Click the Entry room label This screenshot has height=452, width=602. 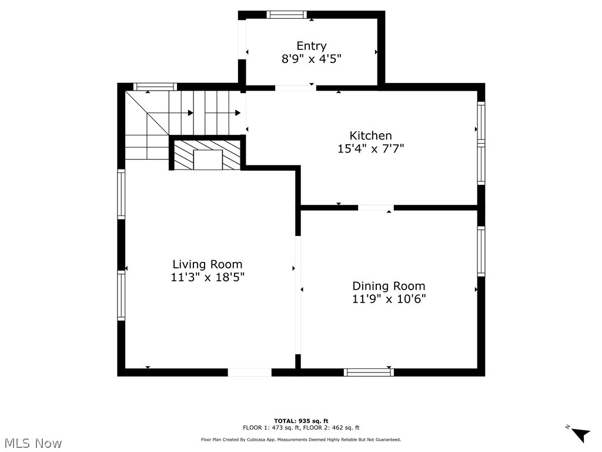pyautogui.click(x=311, y=46)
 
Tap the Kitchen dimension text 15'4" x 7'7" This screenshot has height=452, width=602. pyautogui.click(x=370, y=149)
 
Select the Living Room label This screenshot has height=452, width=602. pyautogui.click(x=207, y=264)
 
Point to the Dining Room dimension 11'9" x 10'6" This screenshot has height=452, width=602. pyautogui.click(x=389, y=298)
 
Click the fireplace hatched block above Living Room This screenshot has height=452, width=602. pyautogui.click(x=207, y=155)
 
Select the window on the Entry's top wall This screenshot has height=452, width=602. pyautogui.click(x=286, y=15)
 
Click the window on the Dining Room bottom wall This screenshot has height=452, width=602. pyautogui.click(x=369, y=372)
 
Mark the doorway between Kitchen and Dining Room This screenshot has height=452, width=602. pyautogui.click(x=376, y=208)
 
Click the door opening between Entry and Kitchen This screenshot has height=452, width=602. pyautogui.click(x=295, y=88)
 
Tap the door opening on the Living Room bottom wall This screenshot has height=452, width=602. pyautogui.click(x=249, y=372)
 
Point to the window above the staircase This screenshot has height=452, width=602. pyautogui.click(x=155, y=87)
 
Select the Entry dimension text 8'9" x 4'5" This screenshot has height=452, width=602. pyautogui.click(x=311, y=59)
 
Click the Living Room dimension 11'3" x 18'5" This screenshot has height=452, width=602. pyautogui.click(x=207, y=277)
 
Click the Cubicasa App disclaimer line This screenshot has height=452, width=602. pyautogui.click(x=301, y=440)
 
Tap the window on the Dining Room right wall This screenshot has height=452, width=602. pyautogui.click(x=481, y=251)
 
